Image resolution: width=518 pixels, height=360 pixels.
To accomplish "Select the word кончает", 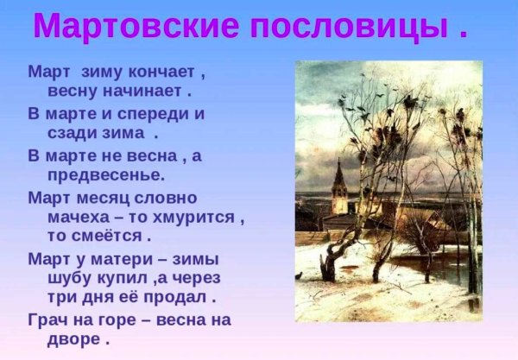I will pos(176,70).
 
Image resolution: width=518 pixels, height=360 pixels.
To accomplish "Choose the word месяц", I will pos(112,197).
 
